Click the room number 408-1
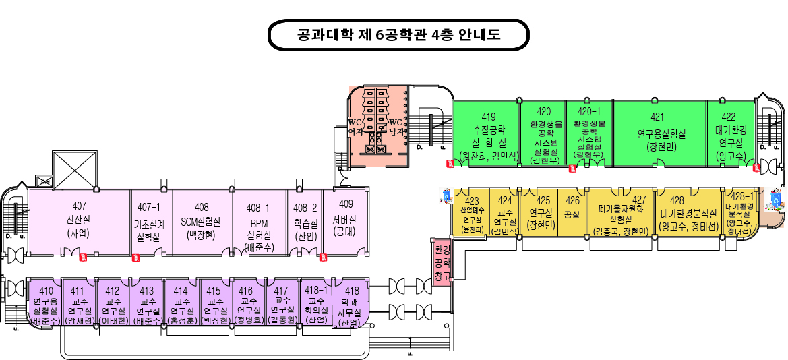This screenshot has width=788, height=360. point(258,208)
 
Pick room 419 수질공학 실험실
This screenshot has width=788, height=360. point(485,132)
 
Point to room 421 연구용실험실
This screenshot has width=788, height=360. point(660,132)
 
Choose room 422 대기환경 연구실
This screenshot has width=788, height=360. point(730,132)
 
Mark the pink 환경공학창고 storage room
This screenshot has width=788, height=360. point(442,262)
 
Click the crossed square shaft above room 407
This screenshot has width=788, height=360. point(75,167)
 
